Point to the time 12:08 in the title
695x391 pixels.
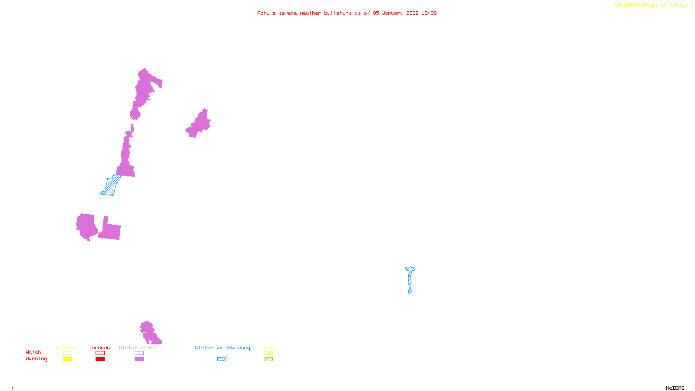[x=429, y=13]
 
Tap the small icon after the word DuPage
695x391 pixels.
[x=691, y=5]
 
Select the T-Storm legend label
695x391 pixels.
[x=67, y=348]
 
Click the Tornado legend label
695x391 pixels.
[x=99, y=348]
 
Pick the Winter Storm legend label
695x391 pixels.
[x=137, y=348]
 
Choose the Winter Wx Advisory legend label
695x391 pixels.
[x=222, y=348]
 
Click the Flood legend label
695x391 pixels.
[x=268, y=348]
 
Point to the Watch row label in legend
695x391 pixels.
[x=33, y=352]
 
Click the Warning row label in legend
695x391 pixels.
[x=36, y=359]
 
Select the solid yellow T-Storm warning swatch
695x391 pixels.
[x=67, y=359]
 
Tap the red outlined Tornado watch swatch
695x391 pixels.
[x=100, y=353]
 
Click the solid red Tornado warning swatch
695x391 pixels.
[x=100, y=359]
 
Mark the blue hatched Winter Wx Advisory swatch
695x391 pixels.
[x=222, y=359]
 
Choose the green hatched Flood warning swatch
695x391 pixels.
[x=268, y=359]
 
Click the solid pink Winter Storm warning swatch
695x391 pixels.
[x=139, y=359]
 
